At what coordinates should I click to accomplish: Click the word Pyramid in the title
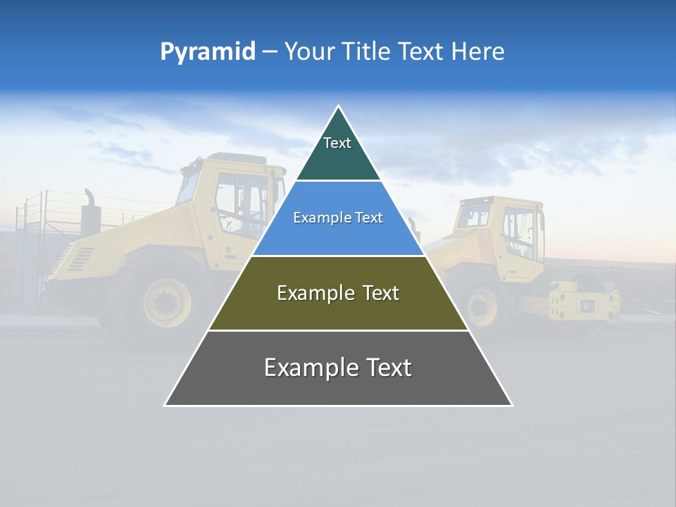pyautogui.click(x=208, y=52)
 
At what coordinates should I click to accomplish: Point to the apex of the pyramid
pyautogui.click(x=338, y=107)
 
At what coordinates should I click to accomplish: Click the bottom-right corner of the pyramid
pyautogui.click(x=511, y=405)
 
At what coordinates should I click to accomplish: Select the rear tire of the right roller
pyautogui.click(x=483, y=306)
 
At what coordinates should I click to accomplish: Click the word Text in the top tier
pyautogui.click(x=337, y=143)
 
